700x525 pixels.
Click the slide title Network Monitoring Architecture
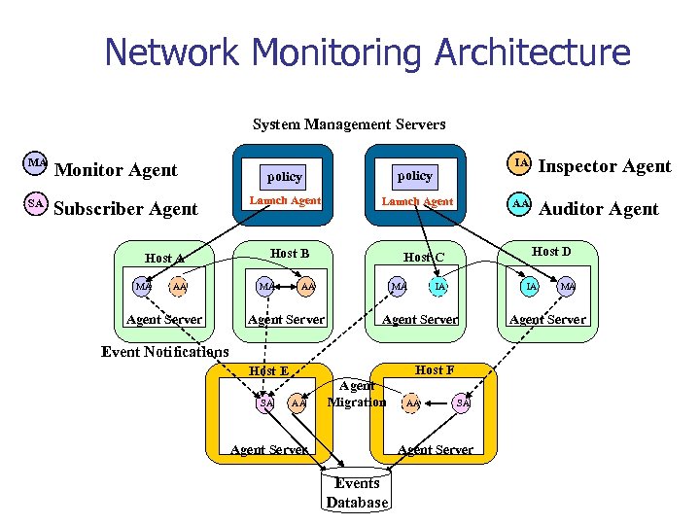(367, 52)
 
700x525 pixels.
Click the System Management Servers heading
(349, 124)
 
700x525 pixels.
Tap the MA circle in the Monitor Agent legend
(36, 163)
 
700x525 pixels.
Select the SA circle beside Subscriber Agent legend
(36, 204)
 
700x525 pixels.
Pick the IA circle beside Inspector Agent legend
(521, 163)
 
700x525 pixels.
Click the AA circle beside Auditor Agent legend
(521, 204)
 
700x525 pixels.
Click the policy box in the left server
(285, 177)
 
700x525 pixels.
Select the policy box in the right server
(415, 176)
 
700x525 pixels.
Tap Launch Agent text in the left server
(285, 201)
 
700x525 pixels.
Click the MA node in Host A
(144, 287)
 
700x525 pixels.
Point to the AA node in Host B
(307, 287)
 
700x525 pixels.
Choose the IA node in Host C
(439, 287)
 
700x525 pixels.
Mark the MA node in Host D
(567, 287)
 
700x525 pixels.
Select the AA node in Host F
(412, 402)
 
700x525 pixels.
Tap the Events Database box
(357, 493)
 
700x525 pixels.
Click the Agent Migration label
(357, 395)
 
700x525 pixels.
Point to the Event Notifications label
(165, 352)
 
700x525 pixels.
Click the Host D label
(551, 253)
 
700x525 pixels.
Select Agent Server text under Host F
(436, 449)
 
